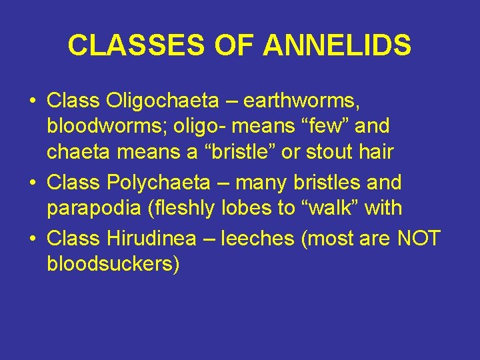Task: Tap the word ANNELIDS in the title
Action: tap(337, 46)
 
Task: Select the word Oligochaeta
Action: tap(161, 101)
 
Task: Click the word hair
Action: tap(376, 152)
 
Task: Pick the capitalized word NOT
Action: tap(419, 237)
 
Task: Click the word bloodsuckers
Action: tap(113, 263)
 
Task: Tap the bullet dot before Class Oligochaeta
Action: tap(32, 102)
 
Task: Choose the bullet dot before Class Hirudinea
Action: tap(32, 238)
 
